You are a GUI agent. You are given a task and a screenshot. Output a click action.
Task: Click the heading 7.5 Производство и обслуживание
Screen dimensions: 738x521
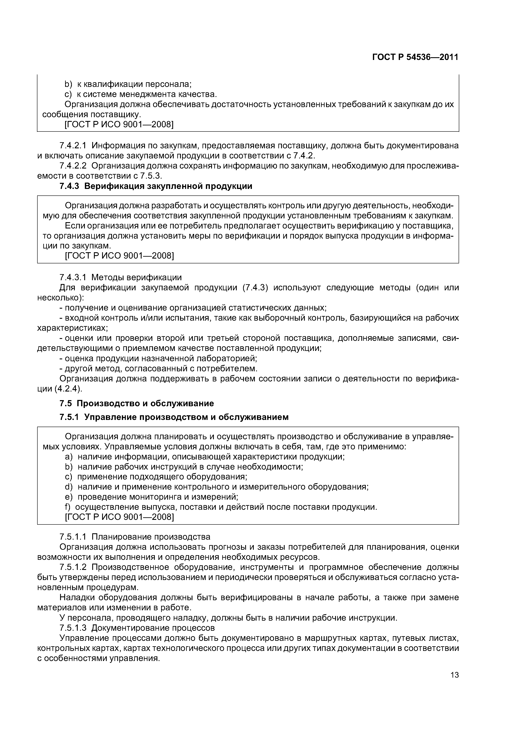[x=137, y=403]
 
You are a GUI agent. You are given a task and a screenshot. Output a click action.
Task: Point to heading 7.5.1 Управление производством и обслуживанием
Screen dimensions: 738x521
[x=174, y=417]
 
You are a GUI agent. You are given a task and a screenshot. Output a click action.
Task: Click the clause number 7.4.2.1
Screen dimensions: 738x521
[x=73, y=146]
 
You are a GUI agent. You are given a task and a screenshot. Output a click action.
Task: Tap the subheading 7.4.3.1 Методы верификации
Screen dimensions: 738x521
[x=121, y=277]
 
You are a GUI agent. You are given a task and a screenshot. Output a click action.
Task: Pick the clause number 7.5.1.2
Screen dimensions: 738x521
[x=73, y=567]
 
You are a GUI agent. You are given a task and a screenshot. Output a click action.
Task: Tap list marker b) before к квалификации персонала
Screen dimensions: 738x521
[x=69, y=84]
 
